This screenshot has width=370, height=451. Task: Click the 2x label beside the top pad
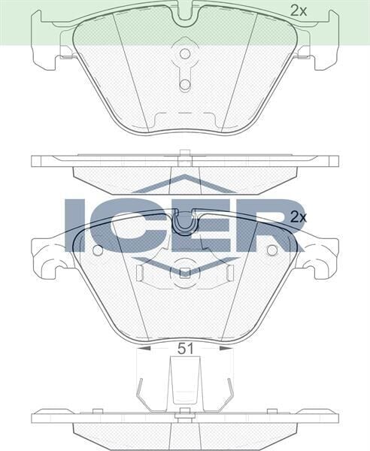click(299, 11)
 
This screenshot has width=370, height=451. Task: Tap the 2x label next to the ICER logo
click(299, 216)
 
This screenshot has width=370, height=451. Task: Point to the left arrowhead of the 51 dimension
click(141, 348)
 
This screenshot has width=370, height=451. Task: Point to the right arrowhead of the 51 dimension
click(229, 348)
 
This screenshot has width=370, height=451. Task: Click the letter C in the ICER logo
click(123, 225)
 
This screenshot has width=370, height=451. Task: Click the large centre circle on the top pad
click(184, 56)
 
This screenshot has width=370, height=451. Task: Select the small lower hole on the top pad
click(184, 84)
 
